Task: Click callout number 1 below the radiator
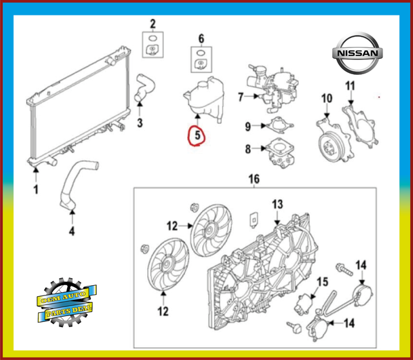pyautogui.click(x=36, y=190)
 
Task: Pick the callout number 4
pyautogui.click(x=72, y=231)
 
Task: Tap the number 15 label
pyautogui.click(x=322, y=281)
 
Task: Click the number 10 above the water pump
pyautogui.click(x=327, y=98)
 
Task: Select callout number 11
pyautogui.click(x=350, y=86)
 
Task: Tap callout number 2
pyautogui.click(x=153, y=25)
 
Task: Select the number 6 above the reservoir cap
pyautogui.click(x=201, y=38)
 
